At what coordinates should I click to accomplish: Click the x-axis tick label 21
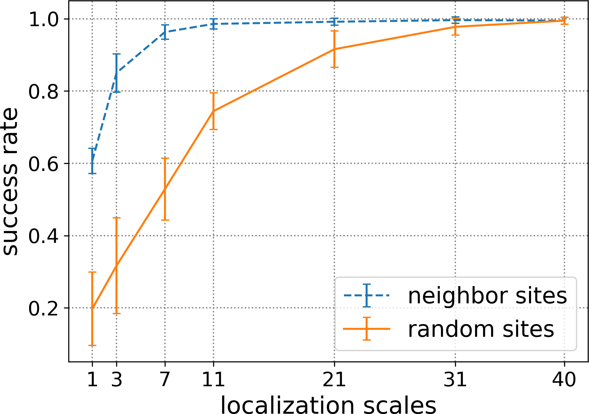[x=334, y=380]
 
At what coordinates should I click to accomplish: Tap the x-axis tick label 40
[x=564, y=380]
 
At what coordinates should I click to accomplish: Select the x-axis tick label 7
[x=165, y=380]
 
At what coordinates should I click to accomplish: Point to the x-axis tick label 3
[x=116, y=380]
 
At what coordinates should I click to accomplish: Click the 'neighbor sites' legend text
[x=487, y=296]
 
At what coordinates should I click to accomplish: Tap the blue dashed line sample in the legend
[x=367, y=295]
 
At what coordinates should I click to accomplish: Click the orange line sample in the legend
[x=367, y=329]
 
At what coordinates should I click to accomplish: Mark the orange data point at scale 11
[x=213, y=111]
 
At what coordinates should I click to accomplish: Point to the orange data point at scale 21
[x=334, y=49]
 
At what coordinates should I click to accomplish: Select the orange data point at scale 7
[x=165, y=189]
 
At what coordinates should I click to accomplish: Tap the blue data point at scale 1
[x=92, y=160]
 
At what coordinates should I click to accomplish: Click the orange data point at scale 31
[x=455, y=26]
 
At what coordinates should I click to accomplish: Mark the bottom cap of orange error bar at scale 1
[x=92, y=345]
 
